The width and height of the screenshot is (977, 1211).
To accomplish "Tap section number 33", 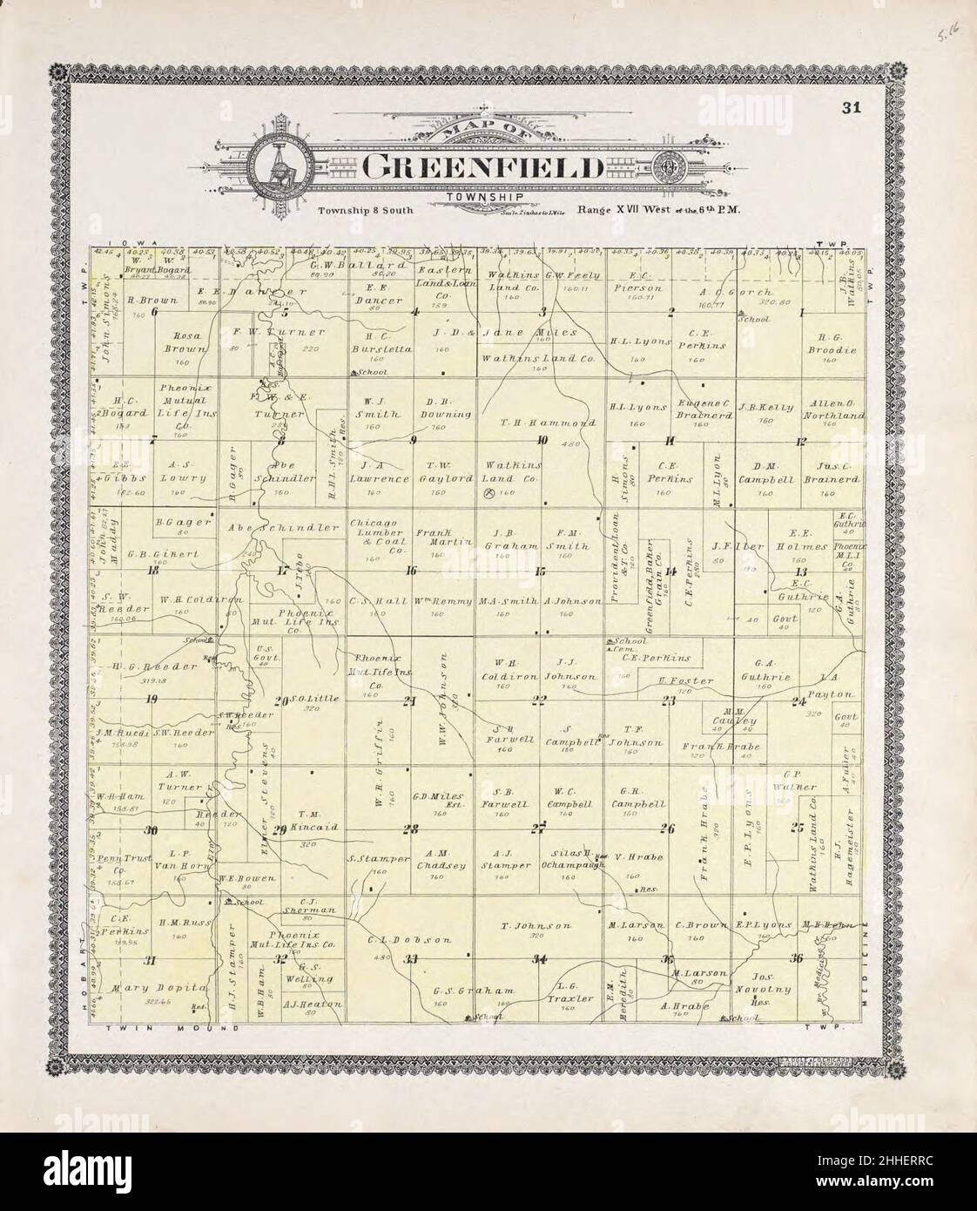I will click(x=412, y=960).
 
